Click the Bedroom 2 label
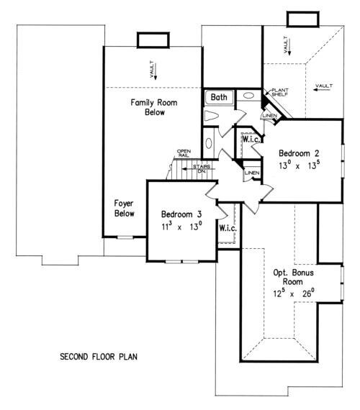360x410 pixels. click(299, 152)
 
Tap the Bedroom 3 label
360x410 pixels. click(181, 214)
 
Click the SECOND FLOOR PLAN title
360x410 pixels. click(99, 355)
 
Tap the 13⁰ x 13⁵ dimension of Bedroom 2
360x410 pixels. click(299, 164)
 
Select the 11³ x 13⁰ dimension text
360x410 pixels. click(181, 227)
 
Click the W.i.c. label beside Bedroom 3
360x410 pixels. click(228, 228)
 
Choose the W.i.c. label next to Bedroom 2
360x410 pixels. click(251, 140)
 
